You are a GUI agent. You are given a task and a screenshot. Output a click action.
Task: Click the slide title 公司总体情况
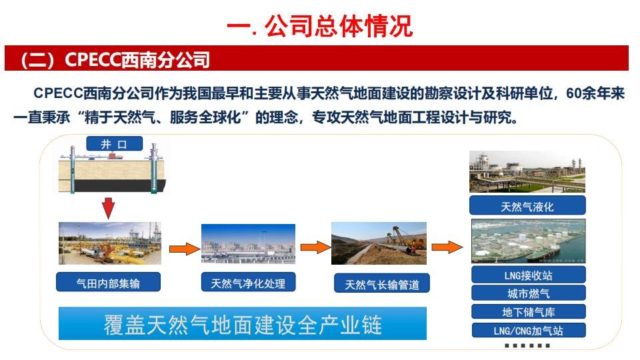(x=339, y=26)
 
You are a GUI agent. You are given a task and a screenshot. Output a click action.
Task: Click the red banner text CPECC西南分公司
(x=137, y=59)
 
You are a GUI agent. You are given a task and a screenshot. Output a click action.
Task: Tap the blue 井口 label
(x=114, y=144)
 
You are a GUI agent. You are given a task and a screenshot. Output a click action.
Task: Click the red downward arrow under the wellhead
(x=108, y=208)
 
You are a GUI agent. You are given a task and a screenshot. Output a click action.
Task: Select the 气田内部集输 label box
(x=108, y=283)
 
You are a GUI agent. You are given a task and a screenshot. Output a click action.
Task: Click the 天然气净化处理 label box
(x=248, y=283)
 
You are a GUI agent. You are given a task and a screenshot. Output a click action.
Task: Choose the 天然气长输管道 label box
(x=382, y=284)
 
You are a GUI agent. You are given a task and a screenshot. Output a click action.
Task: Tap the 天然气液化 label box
(x=527, y=206)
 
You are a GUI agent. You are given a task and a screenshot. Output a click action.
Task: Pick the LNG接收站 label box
(x=529, y=275)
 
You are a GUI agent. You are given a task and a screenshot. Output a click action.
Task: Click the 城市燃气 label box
(x=529, y=293)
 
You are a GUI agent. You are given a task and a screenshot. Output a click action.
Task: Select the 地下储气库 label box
(x=529, y=312)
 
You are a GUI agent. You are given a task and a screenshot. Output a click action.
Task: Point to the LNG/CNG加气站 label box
(x=529, y=330)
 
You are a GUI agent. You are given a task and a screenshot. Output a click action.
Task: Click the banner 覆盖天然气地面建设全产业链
(x=243, y=324)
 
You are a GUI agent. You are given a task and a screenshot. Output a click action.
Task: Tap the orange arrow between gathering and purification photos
(x=185, y=248)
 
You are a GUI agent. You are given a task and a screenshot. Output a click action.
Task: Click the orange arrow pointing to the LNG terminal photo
(x=447, y=247)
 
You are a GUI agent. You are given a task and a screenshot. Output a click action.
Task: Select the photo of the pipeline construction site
(x=379, y=243)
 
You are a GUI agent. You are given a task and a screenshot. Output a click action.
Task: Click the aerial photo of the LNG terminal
(x=529, y=241)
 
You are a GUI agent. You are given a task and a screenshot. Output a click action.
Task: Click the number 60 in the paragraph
(x=573, y=93)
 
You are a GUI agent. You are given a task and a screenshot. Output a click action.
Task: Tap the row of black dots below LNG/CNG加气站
(x=527, y=346)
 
